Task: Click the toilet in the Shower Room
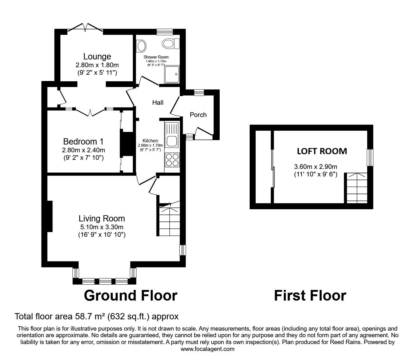(x=170, y=43)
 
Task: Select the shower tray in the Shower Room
(x=172, y=74)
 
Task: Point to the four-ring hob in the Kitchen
(x=172, y=160)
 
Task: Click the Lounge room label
(x=97, y=57)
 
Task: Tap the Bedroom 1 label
(x=83, y=141)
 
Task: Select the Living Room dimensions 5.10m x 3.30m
(x=102, y=227)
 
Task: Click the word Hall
(x=157, y=103)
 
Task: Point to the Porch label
(x=198, y=115)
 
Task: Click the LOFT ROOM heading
(x=322, y=151)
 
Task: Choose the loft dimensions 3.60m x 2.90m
(x=316, y=167)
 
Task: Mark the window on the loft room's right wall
(x=370, y=158)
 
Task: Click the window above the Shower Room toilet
(x=165, y=32)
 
